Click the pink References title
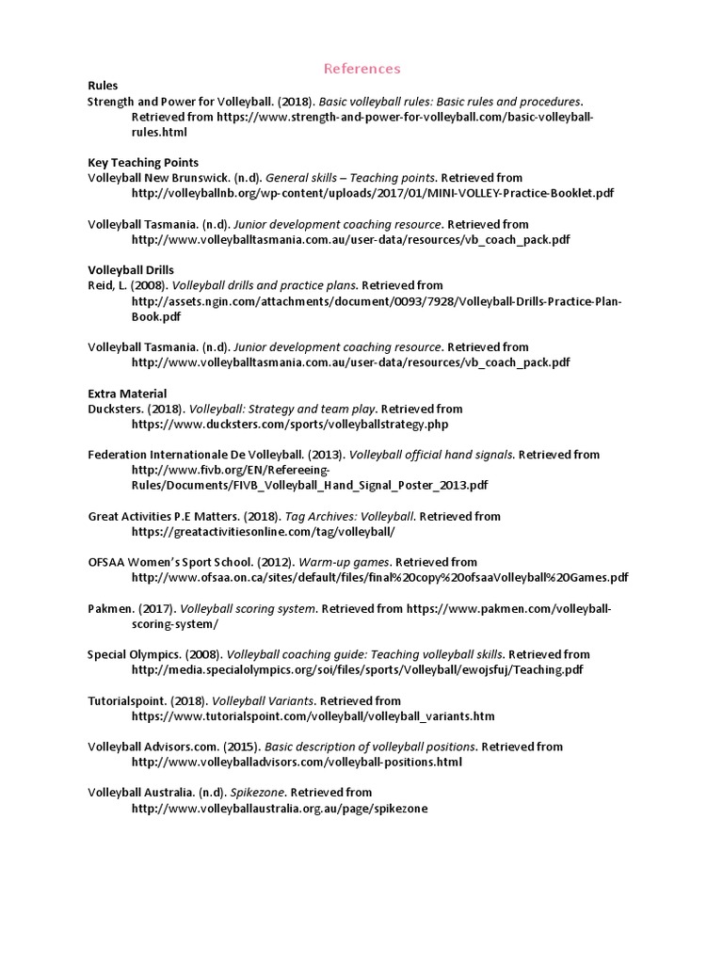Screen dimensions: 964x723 coord(361,69)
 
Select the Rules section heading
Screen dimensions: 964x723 coord(103,86)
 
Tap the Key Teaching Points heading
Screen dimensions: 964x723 coord(143,162)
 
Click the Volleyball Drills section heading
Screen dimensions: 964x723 coord(131,269)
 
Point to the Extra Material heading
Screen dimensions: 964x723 coord(127,394)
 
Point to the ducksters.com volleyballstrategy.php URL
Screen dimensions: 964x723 coord(290,425)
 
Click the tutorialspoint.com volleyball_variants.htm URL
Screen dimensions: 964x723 coord(313,716)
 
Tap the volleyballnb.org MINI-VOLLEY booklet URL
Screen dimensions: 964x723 coord(373,193)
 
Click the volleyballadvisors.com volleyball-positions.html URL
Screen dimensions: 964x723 coord(297,762)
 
